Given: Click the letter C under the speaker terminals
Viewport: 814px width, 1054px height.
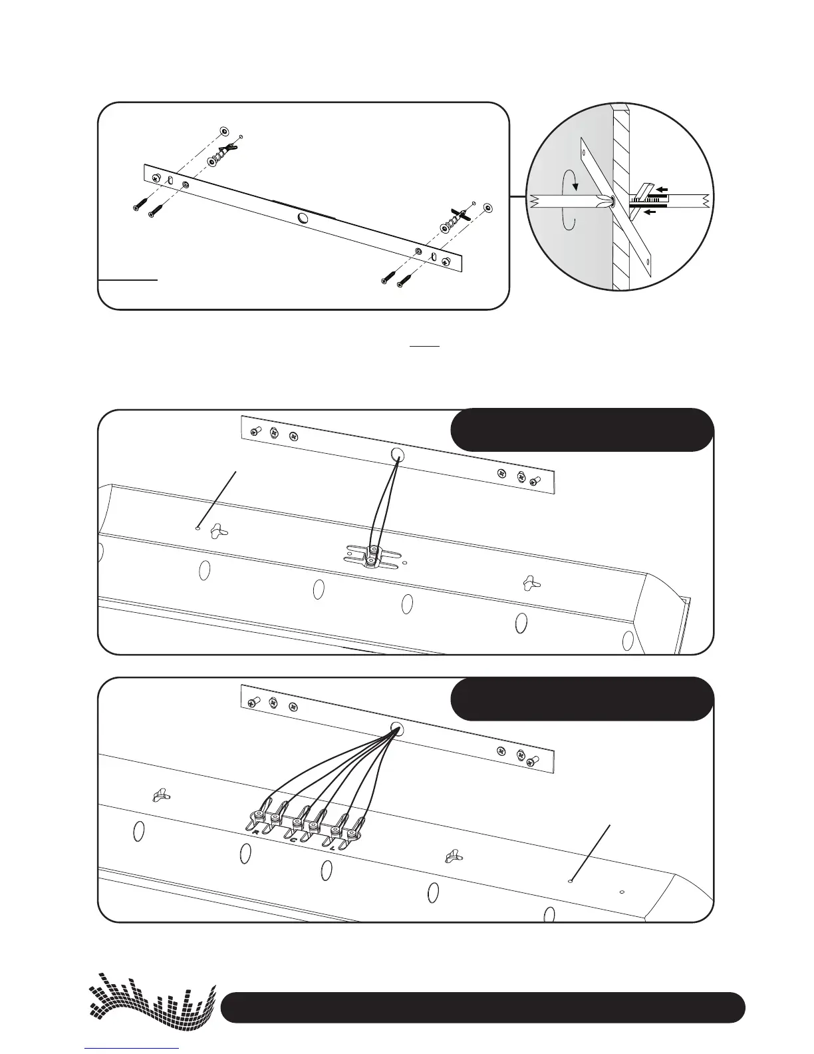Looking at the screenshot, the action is [293, 840].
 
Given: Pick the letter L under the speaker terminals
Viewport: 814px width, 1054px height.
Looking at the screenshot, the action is [333, 848].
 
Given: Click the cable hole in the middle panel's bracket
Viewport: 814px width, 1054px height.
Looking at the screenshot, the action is [397, 455].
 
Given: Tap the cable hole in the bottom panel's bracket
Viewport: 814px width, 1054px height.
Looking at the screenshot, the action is [397, 728].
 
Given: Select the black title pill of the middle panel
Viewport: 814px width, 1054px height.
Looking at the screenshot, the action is [582, 430].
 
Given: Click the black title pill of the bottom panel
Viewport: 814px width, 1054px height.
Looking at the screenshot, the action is [582, 699].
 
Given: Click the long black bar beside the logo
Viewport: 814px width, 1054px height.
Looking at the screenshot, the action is [482, 1007].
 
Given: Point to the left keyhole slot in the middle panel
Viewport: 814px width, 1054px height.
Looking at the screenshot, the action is [217, 531].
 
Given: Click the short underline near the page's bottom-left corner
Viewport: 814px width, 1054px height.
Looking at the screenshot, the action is [132, 1047].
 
